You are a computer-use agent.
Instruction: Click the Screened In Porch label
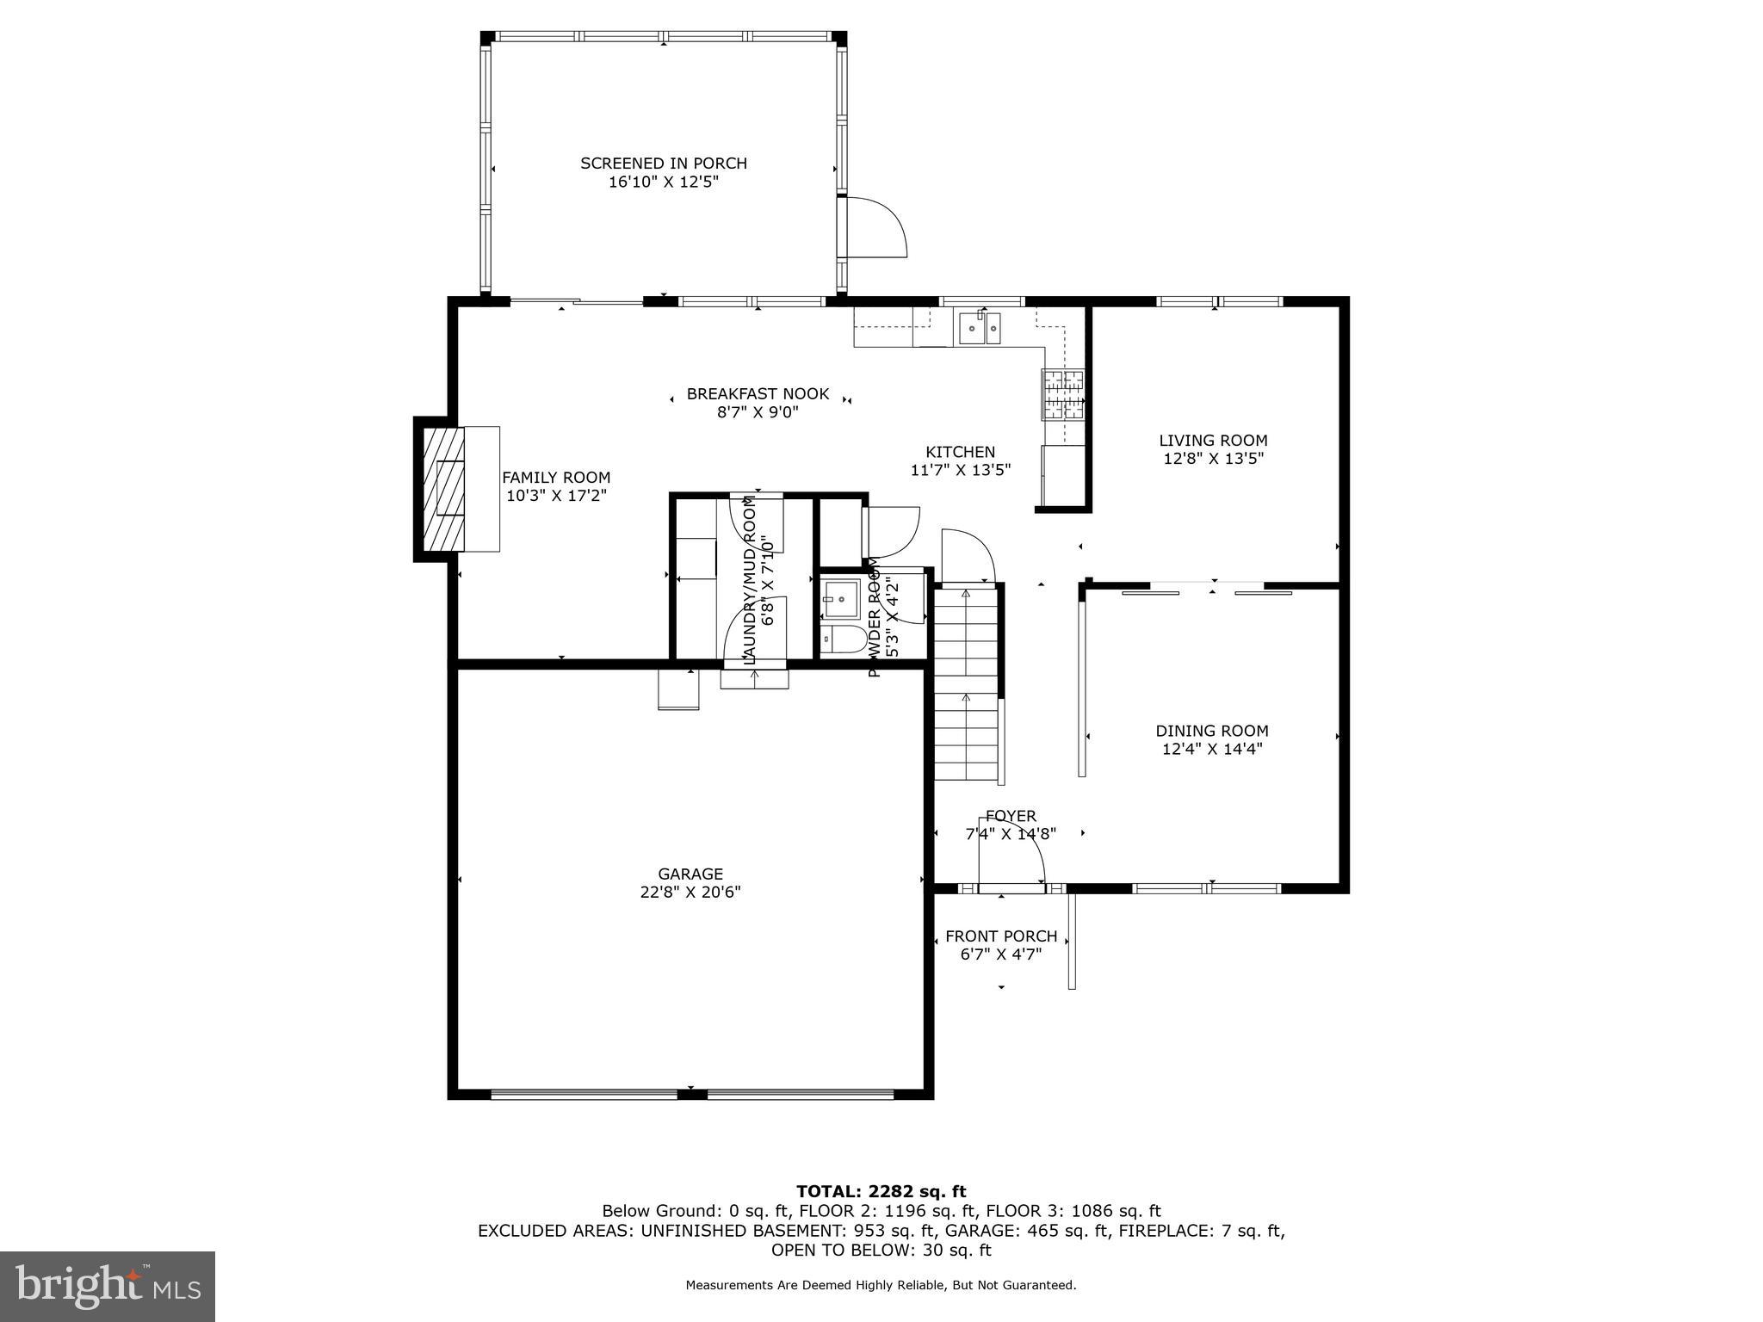click(663, 163)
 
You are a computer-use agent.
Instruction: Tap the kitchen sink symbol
click(980, 328)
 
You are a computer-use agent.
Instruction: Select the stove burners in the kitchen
click(1062, 393)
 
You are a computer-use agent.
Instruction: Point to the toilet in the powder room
click(844, 639)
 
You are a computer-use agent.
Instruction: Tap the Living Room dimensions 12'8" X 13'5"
click(1213, 459)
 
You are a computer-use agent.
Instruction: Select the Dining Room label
click(1211, 731)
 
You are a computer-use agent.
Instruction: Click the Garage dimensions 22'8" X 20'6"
click(690, 893)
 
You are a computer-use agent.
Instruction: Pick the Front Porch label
click(1000, 936)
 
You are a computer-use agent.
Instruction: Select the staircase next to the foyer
click(967, 684)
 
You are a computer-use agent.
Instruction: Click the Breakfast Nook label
click(758, 394)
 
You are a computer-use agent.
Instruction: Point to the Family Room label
click(556, 478)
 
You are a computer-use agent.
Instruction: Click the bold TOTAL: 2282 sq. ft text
click(881, 1191)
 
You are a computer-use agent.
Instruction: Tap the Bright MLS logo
click(108, 1286)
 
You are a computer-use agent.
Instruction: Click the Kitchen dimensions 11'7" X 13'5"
click(960, 470)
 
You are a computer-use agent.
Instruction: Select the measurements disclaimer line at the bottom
click(881, 1285)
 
